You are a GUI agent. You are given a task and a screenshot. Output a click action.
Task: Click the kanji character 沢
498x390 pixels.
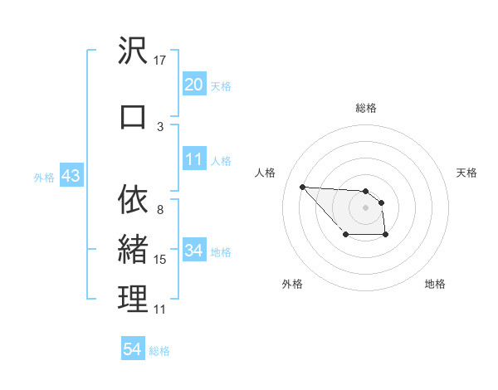tap(133, 52)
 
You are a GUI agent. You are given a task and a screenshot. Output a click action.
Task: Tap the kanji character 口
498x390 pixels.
tap(133, 117)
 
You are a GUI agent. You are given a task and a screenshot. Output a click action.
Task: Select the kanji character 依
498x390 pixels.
tap(133, 200)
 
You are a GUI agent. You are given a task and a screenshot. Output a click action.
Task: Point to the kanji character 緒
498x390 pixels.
tap(133, 250)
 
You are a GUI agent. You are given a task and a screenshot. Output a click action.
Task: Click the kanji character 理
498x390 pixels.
tap(133, 300)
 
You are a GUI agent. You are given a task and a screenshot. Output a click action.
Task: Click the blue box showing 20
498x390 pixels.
tap(193, 84)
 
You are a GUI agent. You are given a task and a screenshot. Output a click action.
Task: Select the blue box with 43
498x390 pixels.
tap(71, 178)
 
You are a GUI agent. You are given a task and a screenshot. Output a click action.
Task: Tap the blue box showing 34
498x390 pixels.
tap(193, 251)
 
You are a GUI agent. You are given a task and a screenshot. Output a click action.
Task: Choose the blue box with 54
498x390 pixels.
tap(133, 349)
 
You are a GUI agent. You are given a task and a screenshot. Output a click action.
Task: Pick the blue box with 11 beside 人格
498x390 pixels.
tap(193, 159)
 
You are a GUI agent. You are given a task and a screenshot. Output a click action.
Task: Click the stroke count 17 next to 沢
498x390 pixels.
tap(161, 60)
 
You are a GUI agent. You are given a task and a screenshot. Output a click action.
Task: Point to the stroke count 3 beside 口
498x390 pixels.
tap(160, 126)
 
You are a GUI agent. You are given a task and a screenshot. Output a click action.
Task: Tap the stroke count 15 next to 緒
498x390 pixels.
tap(161, 260)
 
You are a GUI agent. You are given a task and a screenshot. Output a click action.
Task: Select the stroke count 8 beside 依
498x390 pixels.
tap(160, 209)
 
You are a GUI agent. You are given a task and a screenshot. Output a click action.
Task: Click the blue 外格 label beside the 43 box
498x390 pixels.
tap(44, 178)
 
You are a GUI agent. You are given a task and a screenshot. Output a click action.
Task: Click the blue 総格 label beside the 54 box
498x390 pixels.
tap(159, 351)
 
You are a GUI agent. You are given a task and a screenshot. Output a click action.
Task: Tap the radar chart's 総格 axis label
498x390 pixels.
tap(366, 108)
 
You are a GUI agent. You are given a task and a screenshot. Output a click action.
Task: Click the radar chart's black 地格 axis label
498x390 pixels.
tap(435, 284)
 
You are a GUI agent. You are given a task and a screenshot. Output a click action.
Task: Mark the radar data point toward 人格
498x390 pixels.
tap(302, 187)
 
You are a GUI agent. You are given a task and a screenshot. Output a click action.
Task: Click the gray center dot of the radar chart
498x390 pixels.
tap(366, 207)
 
